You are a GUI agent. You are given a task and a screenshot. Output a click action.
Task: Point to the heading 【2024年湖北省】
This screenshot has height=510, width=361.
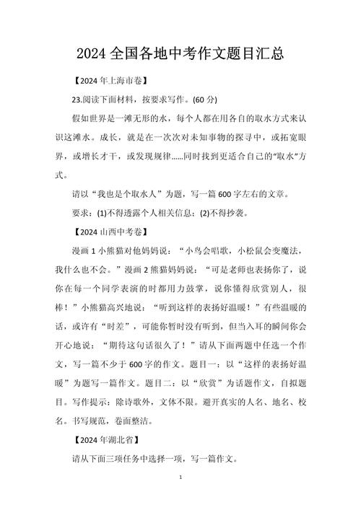[107, 438]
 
